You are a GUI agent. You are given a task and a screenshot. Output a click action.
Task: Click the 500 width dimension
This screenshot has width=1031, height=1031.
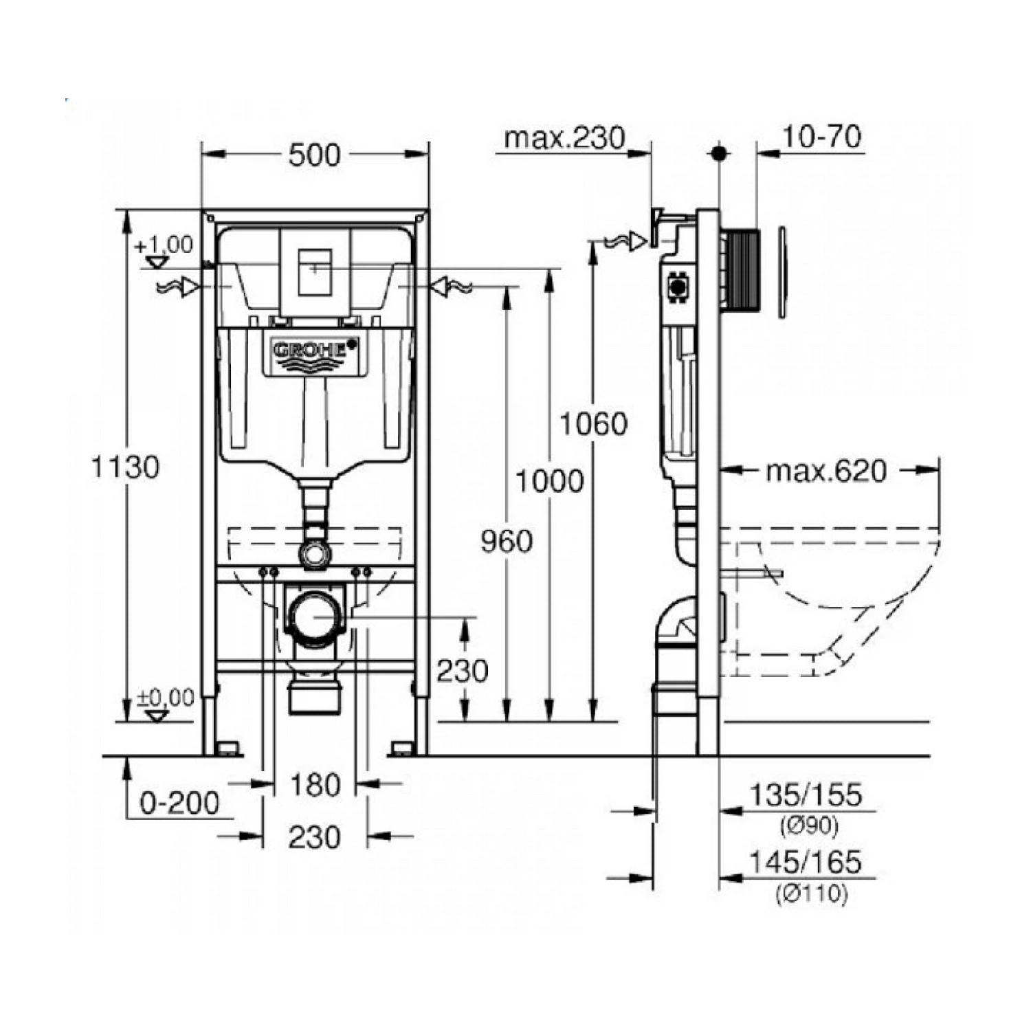(x=314, y=155)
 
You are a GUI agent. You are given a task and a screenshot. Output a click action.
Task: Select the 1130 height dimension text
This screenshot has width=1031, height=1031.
(x=125, y=467)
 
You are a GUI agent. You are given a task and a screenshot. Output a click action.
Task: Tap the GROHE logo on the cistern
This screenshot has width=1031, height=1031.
(x=315, y=351)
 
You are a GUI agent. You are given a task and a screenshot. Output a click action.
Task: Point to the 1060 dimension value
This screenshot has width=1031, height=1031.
(x=593, y=423)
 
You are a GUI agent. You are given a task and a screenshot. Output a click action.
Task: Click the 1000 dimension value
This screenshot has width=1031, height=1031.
(x=550, y=481)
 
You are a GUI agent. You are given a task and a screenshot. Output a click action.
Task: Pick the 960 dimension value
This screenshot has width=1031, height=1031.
(x=507, y=542)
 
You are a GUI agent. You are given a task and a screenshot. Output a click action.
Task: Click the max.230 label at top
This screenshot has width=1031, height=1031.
(x=564, y=138)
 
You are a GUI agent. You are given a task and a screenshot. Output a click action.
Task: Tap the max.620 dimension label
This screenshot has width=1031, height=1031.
(x=826, y=472)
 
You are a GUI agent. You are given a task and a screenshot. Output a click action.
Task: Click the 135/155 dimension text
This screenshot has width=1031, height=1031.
(x=805, y=795)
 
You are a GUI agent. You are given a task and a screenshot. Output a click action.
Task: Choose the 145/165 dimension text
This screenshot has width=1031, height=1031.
(x=805, y=862)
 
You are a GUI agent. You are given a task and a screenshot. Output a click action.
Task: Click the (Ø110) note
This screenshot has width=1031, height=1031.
(x=812, y=894)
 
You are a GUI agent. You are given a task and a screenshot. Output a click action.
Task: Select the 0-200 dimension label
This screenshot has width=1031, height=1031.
(x=179, y=803)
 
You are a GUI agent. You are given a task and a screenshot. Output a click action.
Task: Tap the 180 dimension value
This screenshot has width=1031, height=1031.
(x=315, y=785)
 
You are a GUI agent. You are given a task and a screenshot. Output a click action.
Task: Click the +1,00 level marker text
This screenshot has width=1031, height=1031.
(x=164, y=245)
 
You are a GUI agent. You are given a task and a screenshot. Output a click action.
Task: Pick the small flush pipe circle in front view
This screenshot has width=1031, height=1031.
(x=315, y=553)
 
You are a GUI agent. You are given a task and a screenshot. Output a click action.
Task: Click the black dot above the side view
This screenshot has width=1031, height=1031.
(x=720, y=153)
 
